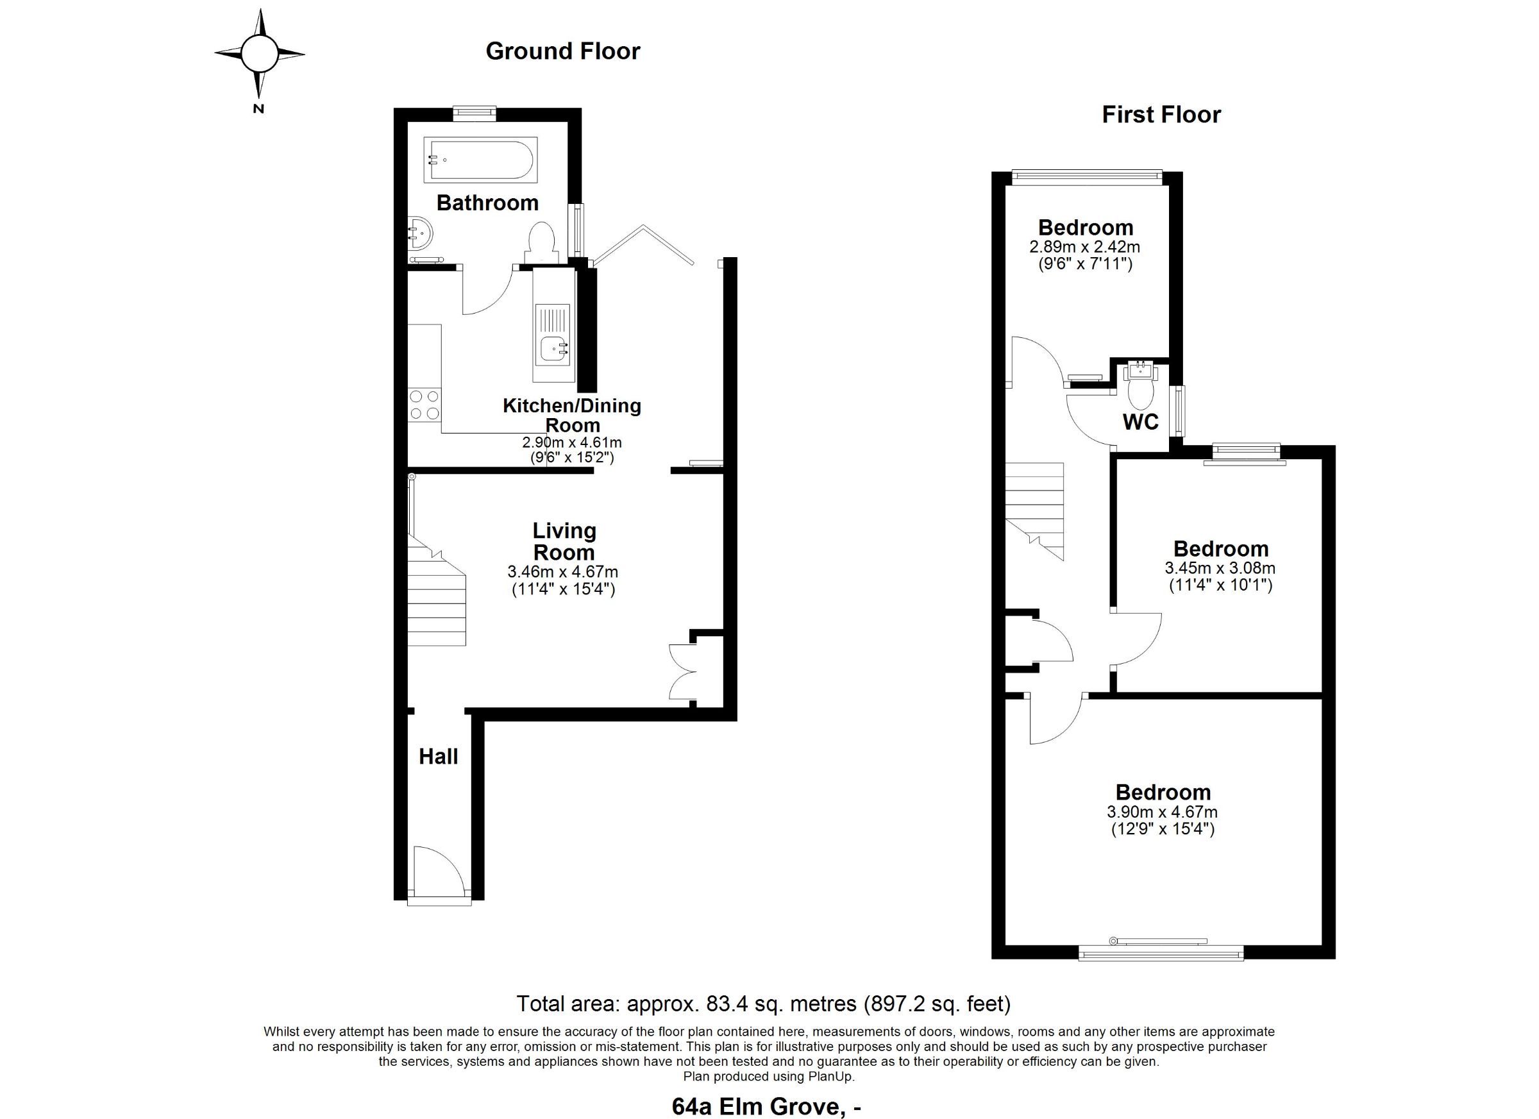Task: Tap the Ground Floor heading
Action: click(562, 51)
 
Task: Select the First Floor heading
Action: click(1161, 115)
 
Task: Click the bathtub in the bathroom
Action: click(480, 160)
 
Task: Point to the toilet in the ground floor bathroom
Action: click(541, 242)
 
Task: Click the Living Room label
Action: click(564, 541)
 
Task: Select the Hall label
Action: click(439, 757)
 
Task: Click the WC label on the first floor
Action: click(1141, 422)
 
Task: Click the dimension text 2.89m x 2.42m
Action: click(1084, 247)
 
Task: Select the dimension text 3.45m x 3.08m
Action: click(1220, 568)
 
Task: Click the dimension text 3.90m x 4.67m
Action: click(1163, 812)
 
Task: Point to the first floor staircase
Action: click(1034, 511)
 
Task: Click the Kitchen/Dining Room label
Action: click(572, 416)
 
